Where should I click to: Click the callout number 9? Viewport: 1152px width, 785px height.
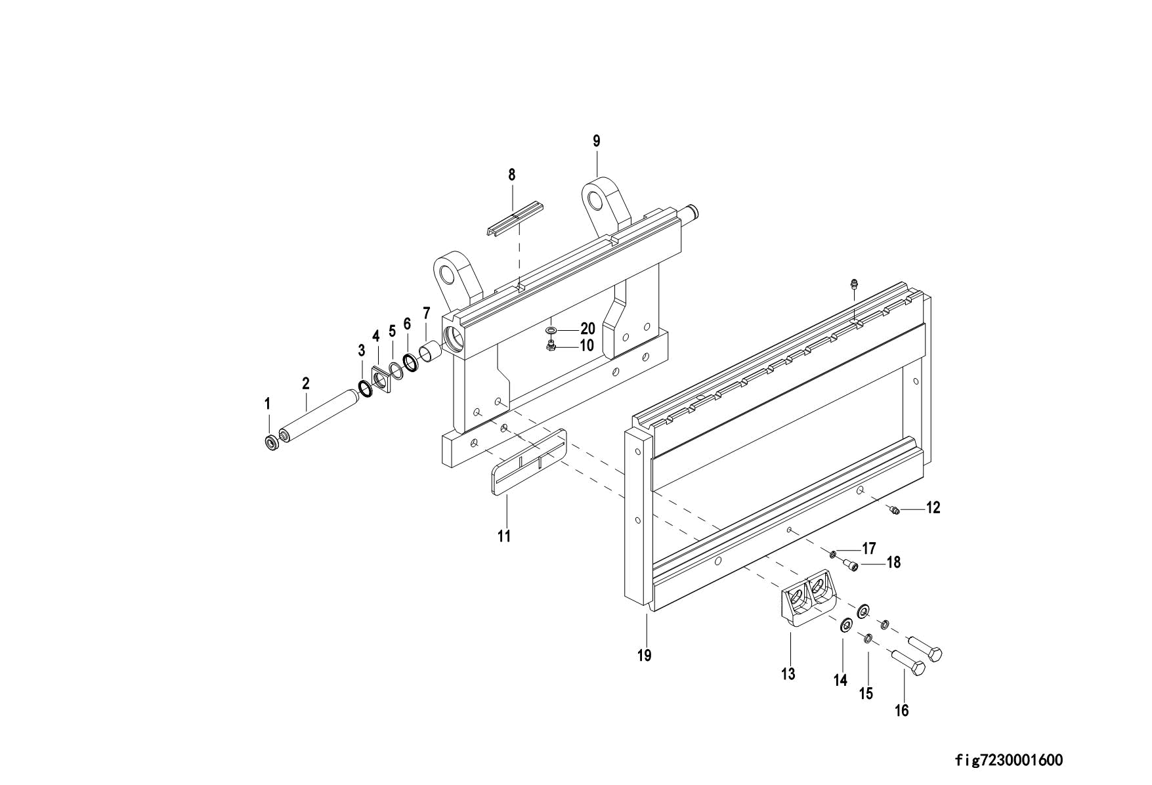click(596, 141)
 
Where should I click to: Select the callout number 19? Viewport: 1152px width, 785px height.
click(644, 655)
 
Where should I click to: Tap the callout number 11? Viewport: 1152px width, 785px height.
click(503, 536)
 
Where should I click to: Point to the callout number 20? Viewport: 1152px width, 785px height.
click(587, 329)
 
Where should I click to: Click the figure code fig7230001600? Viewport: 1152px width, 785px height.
click(1008, 761)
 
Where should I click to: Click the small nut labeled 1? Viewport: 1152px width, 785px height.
click(270, 443)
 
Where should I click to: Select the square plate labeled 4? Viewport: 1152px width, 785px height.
click(380, 381)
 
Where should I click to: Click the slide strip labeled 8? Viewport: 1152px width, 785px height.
click(515, 218)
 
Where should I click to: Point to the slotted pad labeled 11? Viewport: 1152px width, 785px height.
click(528, 462)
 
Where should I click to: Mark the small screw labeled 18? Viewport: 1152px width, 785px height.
click(851, 565)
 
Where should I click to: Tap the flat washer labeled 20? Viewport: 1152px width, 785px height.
click(551, 328)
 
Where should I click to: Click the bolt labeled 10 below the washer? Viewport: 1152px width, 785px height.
click(551, 345)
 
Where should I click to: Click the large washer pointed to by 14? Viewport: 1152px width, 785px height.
click(846, 623)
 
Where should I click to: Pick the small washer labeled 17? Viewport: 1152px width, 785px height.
click(833, 555)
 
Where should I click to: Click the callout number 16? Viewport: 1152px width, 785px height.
click(902, 710)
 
